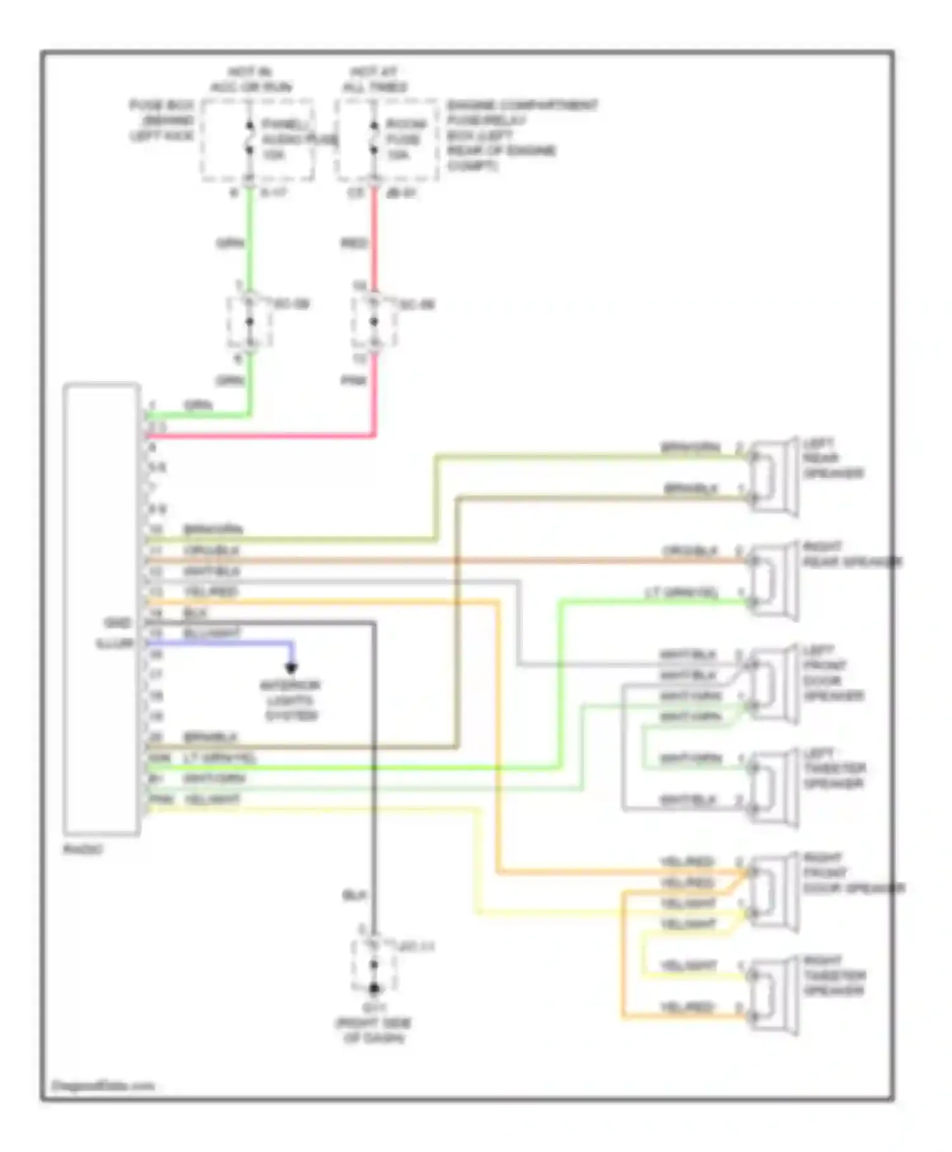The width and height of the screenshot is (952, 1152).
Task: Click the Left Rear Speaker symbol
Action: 773,476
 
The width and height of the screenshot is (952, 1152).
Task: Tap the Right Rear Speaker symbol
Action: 773,580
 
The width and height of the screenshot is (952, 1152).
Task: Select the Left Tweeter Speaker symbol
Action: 773,787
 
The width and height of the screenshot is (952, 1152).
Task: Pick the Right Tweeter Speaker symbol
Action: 773,995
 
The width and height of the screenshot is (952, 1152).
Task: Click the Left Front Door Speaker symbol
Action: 773,684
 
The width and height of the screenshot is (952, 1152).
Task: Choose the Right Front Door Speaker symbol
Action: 773,892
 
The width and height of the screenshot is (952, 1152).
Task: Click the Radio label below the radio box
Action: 83,849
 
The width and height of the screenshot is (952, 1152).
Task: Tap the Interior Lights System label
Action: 291,700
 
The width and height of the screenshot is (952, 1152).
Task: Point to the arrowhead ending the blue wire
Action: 291,667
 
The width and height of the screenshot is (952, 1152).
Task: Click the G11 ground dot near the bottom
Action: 374,989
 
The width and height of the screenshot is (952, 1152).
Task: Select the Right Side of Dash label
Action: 374,1031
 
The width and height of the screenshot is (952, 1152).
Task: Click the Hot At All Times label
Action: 374,80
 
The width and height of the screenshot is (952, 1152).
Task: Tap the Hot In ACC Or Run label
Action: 251,80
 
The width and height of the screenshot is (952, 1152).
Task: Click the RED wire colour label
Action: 354,243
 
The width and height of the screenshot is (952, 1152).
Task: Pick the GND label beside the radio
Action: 117,623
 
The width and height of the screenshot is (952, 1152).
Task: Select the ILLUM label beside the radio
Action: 114,643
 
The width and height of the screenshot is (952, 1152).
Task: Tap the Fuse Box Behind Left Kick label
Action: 162,121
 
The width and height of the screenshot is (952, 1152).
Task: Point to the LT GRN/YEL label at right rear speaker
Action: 682,593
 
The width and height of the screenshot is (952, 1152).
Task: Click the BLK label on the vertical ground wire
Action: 354,895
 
